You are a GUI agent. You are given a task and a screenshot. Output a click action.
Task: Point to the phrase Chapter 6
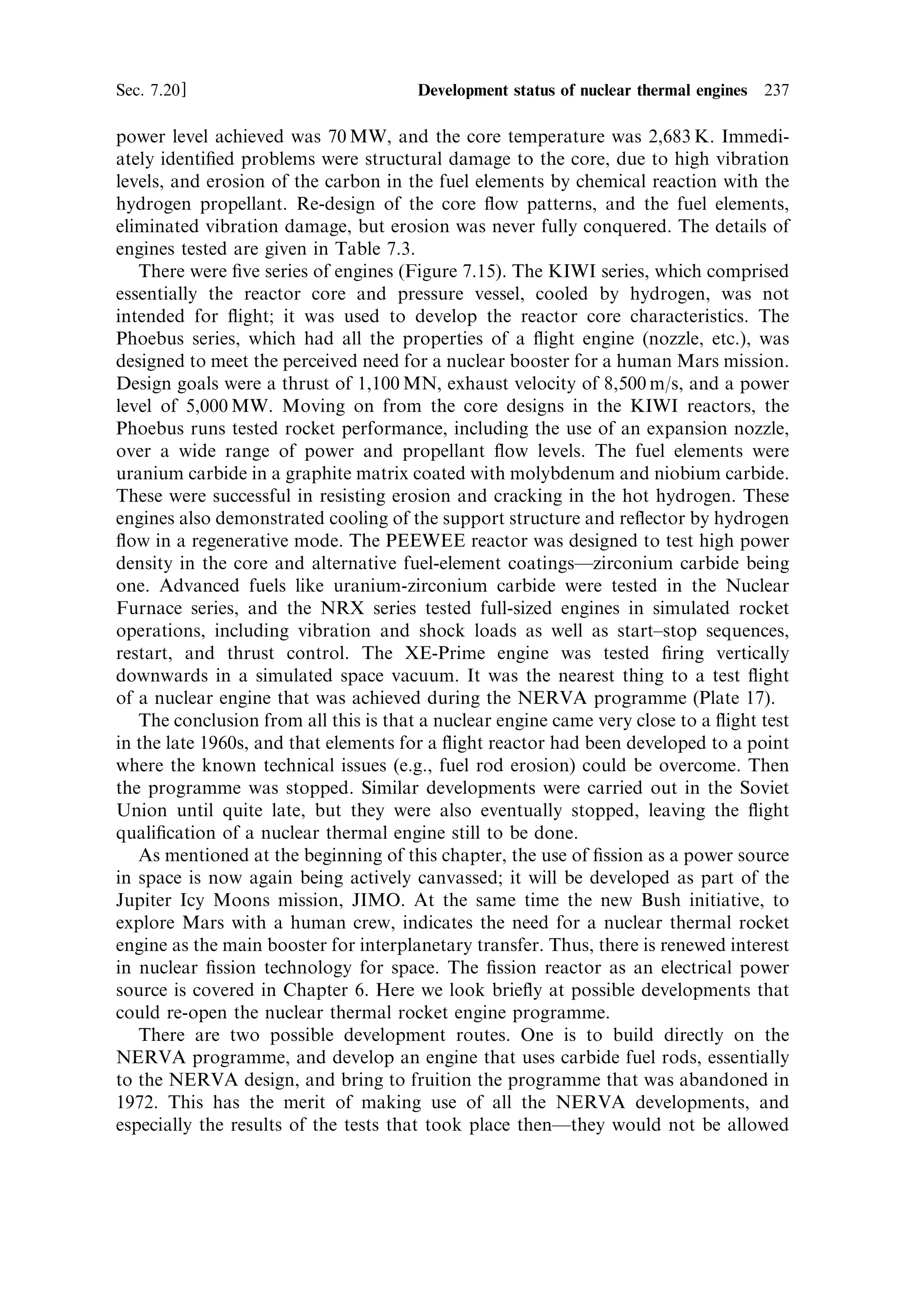click(x=319, y=991)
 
